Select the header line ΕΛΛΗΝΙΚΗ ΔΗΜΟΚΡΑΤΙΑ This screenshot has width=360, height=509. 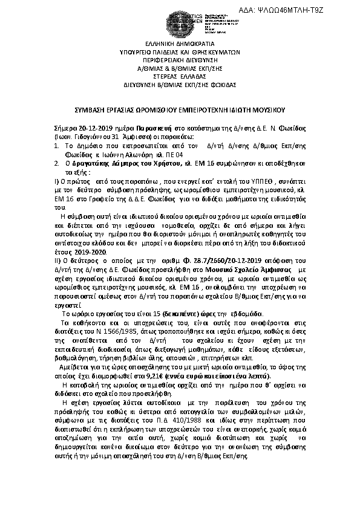tap(179, 45)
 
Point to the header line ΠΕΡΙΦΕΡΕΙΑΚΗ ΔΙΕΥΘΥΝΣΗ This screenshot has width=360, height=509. tap(179, 62)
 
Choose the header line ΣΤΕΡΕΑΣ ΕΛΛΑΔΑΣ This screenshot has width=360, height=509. tap(179, 79)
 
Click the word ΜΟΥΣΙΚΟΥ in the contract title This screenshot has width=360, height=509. tap(275, 111)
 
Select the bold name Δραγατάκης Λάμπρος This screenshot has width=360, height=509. tap(100, 163)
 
